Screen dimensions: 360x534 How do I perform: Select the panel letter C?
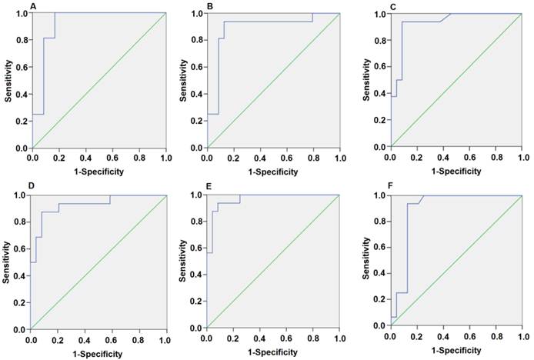pyautogui.click(x=391, y=7)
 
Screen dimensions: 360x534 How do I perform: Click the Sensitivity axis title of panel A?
pyautogui.click(x=8, y=80)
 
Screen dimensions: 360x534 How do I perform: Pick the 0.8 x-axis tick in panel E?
pyautogui.click(x=312, y=338)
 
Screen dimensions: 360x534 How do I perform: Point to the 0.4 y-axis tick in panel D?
pyautogui.click(x=19, y=275)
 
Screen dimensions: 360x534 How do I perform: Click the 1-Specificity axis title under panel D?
pyautogui.click(x=98, y=353)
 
